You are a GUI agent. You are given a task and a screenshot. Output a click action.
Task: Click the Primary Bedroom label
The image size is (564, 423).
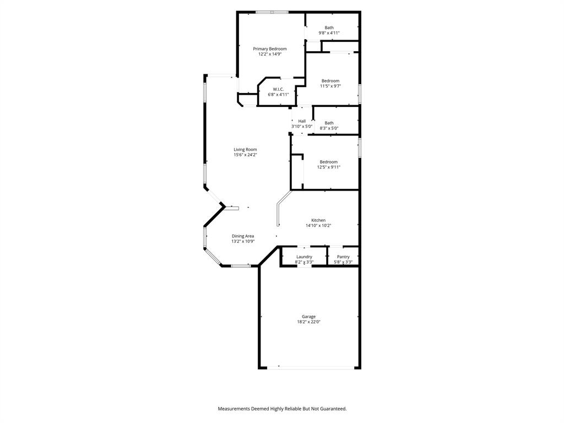tap(270, 49)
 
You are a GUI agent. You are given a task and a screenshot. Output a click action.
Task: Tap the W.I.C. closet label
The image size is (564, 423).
tap(278, 89)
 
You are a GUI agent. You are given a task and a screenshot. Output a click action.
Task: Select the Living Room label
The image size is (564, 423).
tap(245, 150)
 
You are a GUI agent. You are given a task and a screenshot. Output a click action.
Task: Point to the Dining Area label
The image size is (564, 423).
tap(243, 236)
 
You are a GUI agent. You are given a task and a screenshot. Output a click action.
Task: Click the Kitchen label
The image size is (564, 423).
tap(318, 220)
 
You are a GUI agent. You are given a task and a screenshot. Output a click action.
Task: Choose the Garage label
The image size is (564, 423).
tap(308, 317)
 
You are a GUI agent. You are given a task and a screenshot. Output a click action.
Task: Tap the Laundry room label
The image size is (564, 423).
tap(304, 257)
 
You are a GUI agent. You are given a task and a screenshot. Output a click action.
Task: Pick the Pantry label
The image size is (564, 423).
tap(343, 257)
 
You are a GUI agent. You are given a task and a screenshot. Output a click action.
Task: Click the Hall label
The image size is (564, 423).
tap(302, 121)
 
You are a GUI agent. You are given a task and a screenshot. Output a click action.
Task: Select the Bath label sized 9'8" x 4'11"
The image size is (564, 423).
tap(329, 28)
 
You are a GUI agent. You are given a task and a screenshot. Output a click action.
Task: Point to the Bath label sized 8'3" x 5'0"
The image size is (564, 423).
tap(329, 123)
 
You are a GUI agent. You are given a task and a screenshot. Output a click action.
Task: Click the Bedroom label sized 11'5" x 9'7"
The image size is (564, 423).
tap(330, 81)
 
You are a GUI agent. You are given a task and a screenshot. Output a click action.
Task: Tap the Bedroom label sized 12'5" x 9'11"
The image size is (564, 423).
tap(329, 162)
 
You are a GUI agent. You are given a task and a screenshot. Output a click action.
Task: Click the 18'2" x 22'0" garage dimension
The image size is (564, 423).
tap(308, 322)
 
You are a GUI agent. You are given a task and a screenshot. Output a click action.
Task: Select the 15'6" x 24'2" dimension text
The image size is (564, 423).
tap(245, 155)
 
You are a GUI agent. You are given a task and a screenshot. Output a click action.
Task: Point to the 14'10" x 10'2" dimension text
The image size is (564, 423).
tap(318, 225)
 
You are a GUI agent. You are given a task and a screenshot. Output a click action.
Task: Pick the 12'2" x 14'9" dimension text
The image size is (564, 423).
tap(270, 55)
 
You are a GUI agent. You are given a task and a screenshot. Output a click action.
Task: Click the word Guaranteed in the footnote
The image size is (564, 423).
tap(333, 409)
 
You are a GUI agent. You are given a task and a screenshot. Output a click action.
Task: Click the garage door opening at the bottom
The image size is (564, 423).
tap(308, 367)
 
